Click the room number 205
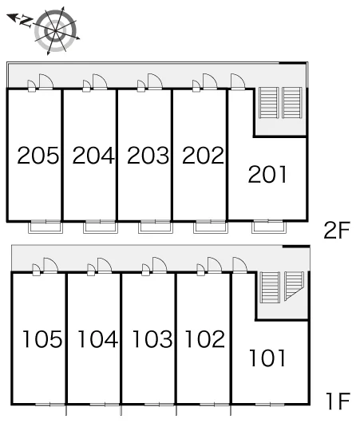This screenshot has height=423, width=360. click(38, 155)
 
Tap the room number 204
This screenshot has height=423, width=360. click(93, 155)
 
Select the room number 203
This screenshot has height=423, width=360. click(148, 155)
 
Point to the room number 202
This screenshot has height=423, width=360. click(203, 155)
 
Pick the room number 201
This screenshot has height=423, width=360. click(267, 175)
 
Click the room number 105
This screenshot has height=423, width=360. click(42, 339)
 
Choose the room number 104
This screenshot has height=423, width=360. click(97, 339)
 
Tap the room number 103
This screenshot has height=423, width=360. click(152, 339)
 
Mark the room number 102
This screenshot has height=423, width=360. click(205, 339)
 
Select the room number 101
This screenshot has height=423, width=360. click(267, 358)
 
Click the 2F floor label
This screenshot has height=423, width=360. click(337, 230)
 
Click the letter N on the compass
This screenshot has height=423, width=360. click(26, 21)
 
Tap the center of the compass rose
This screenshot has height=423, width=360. click(56, 31)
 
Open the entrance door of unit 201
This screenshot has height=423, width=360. click(238, 81)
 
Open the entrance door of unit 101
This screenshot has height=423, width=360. click(239, 265)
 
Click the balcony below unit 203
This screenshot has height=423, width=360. click(156, 227)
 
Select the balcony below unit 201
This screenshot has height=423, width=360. click(269, 227)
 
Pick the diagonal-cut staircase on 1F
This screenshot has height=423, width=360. click(294, 286)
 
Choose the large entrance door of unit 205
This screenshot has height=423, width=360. click(46, 81)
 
